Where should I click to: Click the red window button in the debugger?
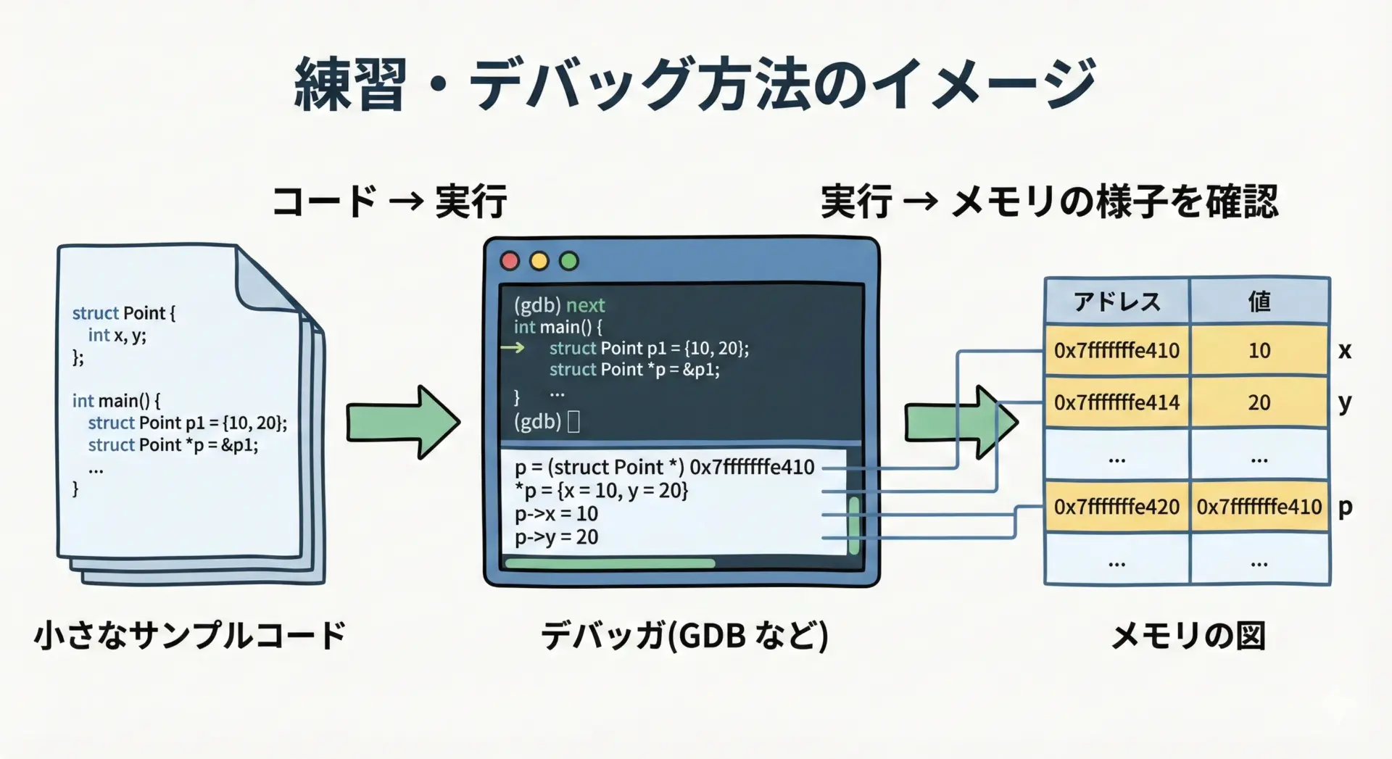[x=510, y=261]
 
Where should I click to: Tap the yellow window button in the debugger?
[x=539, y=261]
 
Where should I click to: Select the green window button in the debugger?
[x=569, y=261]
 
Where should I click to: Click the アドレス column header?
[x=1116, y=301]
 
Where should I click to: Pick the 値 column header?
[x=1259, y=301]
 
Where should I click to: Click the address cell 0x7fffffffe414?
[x=1116, y=402]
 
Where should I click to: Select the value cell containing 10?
[x=1259, y=351]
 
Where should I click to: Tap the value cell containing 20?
[x=1259, y=402]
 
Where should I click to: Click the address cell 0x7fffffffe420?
[x=1116, y=507]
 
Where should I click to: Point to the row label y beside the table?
[x=1345, y=402]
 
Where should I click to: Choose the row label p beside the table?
[x=1345, y=507]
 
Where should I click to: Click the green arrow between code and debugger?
[x=402, y=422]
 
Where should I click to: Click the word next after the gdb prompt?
[x=585, y=305]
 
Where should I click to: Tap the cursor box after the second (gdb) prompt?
[x=573, y=421]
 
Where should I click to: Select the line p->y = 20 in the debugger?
[x=556, y=537]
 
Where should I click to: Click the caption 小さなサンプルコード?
[x=190, y=635]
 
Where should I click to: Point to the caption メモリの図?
[x=1188, y=636]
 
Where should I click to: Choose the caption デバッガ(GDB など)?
[x=684, y=636]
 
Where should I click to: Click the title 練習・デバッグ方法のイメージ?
[x=695, y=85]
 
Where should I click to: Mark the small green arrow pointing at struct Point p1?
[x=513, y=348]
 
